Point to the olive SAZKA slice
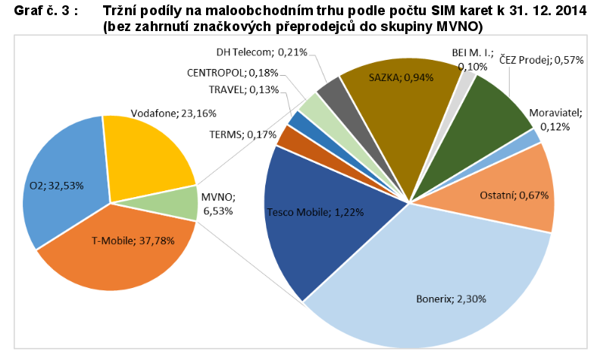click(394, 91)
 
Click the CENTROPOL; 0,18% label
click(233, 73)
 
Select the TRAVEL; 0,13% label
click(243, 89)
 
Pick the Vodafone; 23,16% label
click(164, 114)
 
